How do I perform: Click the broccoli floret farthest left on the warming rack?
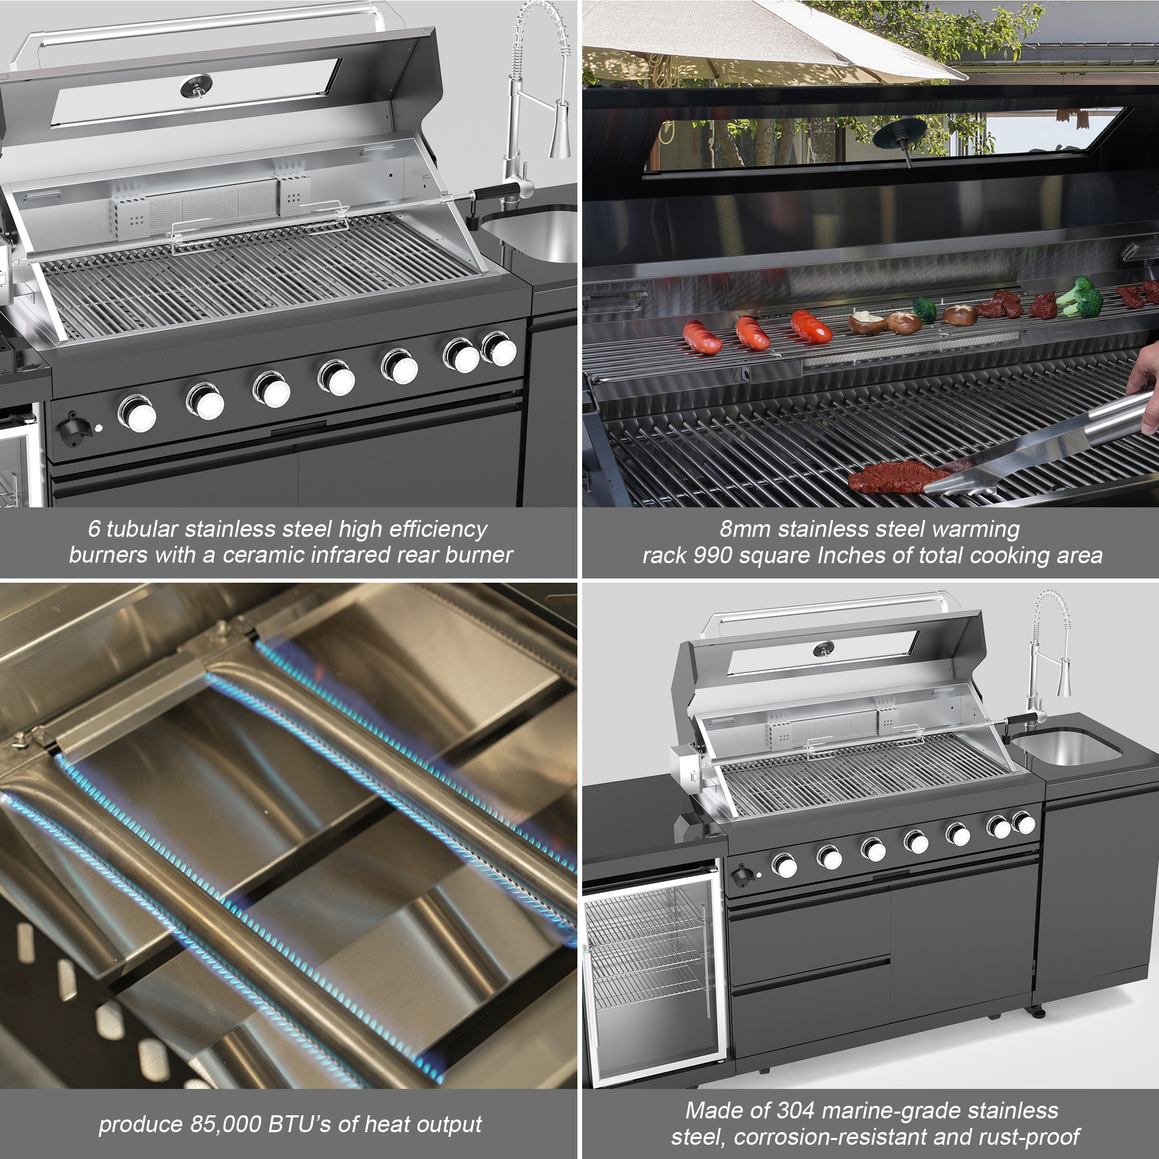pyautogui.click(x=925, y=310)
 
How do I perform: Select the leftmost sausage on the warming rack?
pyautogui.click(x=702, y=337)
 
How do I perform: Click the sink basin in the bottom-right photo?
pyautogui.click(x=1065, y=747)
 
